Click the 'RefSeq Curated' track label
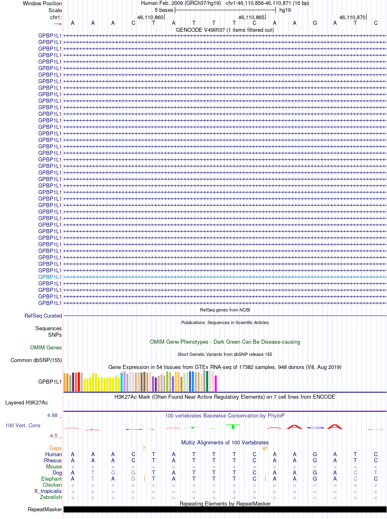43,316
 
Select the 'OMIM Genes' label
46,348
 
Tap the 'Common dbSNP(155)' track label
36,360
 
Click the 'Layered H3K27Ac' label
26,403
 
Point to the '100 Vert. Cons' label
23,425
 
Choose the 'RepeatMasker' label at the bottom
45,510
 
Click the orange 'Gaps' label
55,448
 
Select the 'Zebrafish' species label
51,497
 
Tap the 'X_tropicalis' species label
48,491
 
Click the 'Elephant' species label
51,479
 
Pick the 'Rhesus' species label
53,461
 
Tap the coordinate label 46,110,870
352,18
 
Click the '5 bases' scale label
164,10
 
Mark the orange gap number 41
265,448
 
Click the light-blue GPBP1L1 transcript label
50,277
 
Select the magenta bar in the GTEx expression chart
216,383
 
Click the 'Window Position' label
42,3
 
